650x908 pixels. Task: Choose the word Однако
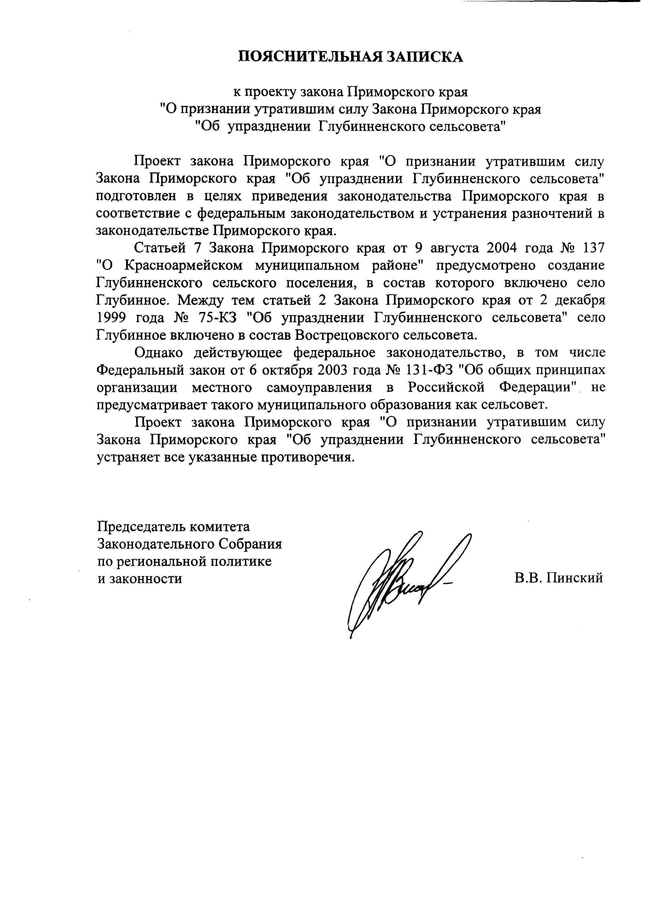tap(159, 352)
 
